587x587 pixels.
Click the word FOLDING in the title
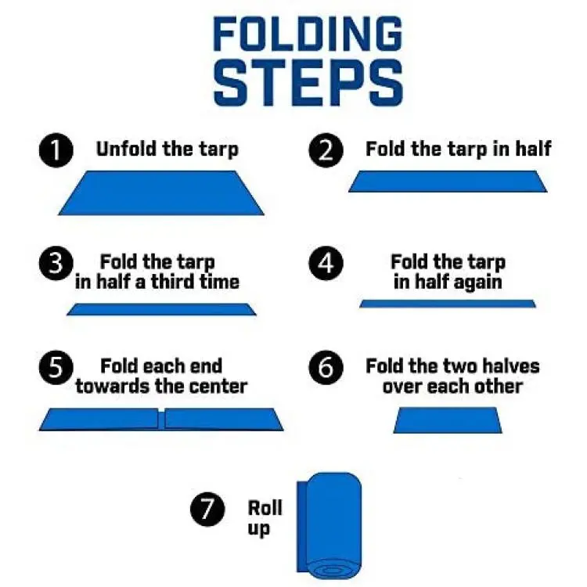click(x=308, y=34)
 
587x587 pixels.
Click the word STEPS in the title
click(x=308, y=83)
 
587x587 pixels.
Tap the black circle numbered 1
click(x=56, y=150)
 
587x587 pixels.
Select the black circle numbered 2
click(x=326, y=150)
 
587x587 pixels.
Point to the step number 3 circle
click(x=56, y=263)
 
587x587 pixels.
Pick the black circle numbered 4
click(x=326, y=263)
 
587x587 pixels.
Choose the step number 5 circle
click(x=56, y=368)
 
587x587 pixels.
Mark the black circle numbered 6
click(x=326, y=368)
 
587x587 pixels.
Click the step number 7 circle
click(x=207, y=510)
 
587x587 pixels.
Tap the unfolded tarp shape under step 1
click(x=161, y=193)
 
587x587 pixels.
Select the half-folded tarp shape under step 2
click(x=448, y=182)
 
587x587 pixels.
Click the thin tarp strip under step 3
click(x=161, y=310)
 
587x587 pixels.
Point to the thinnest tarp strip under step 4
click(x=448, y=304)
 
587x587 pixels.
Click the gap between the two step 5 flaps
click(x=161, y=420)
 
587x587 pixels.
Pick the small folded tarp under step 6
click(x=448, y=420)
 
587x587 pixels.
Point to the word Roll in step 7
click(x=265, y=508)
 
